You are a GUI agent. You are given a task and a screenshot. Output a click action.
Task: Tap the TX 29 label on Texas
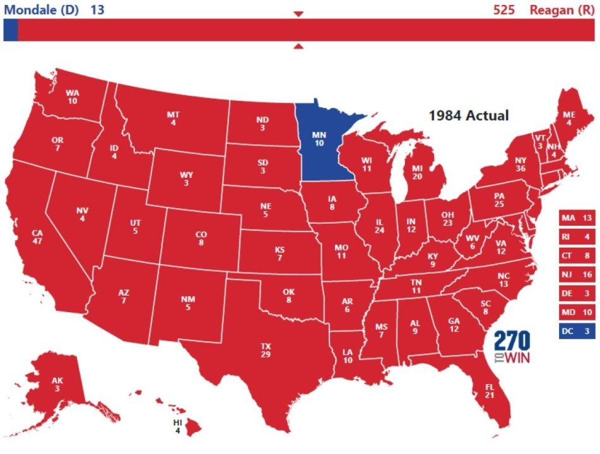[x=265, y=351]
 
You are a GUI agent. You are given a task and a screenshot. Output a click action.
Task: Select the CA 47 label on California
[x=37, y=237]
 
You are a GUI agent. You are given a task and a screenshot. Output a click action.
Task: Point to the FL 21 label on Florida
[x=490, y=390]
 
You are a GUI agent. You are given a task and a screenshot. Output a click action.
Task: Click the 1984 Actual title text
[x=468, y=115]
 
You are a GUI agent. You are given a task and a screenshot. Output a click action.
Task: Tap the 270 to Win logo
[x=512, y=347]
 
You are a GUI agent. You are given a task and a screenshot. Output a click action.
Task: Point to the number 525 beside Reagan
[x=504, y=9]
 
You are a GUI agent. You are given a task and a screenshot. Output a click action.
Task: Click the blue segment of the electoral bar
[x=10, y=30]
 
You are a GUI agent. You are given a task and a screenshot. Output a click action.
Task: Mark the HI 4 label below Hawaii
[x=177, y=426]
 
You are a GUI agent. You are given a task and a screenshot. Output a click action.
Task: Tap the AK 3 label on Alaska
[x=57, y=385]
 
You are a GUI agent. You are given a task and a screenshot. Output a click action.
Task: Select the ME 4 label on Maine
[x=568, y=119]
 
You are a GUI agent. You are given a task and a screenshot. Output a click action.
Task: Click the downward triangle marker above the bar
[x=299, y=14]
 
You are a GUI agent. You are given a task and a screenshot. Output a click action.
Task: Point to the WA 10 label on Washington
[x=73, y=96]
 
